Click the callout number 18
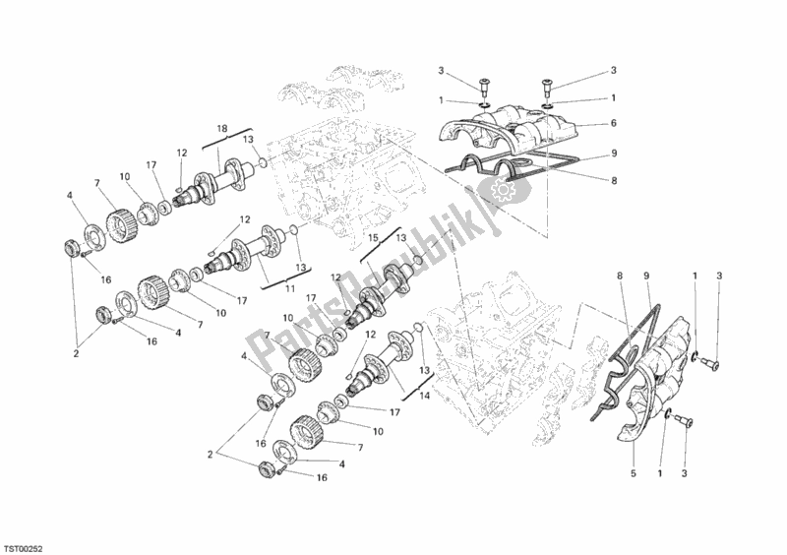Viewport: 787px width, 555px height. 222,129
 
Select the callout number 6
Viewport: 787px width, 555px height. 612,123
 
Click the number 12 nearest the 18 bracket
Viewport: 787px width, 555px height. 181,153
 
